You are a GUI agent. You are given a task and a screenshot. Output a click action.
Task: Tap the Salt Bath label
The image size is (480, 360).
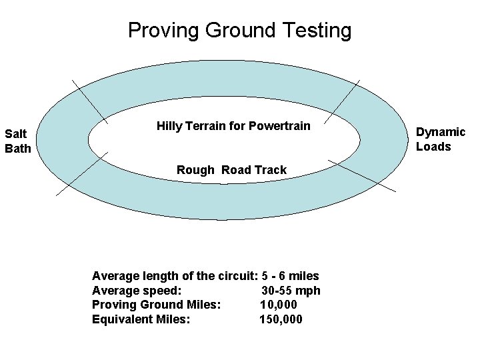pyautogui.click(x=18, y=141)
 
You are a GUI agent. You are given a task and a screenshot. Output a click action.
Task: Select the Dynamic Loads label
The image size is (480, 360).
pyautogui.click(x=440, y=139)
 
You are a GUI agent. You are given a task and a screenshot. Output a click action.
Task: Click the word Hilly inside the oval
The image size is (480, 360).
pyautogui.click(x=170, y=125)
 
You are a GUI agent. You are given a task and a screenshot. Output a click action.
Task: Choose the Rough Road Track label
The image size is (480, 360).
pyautogui.click(x=231, y=170)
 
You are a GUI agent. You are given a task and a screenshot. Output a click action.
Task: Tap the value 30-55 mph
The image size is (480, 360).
pyautogui.click(x=291, y=291)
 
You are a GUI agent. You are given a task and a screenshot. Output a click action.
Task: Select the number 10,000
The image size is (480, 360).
pyautogui.click(x=279, y=305)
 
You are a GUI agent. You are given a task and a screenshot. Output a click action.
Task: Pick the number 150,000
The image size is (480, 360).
pyautogui.click(x=281, y=319)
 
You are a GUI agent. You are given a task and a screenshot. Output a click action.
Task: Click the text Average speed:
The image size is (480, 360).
pyautogui.click(x=135, y=291)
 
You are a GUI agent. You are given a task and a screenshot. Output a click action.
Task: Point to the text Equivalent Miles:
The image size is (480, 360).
pyautogui.click(x=141, y=319)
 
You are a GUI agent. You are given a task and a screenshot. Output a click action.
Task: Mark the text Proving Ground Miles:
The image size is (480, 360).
pyautogui.click(x=156, y=305)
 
